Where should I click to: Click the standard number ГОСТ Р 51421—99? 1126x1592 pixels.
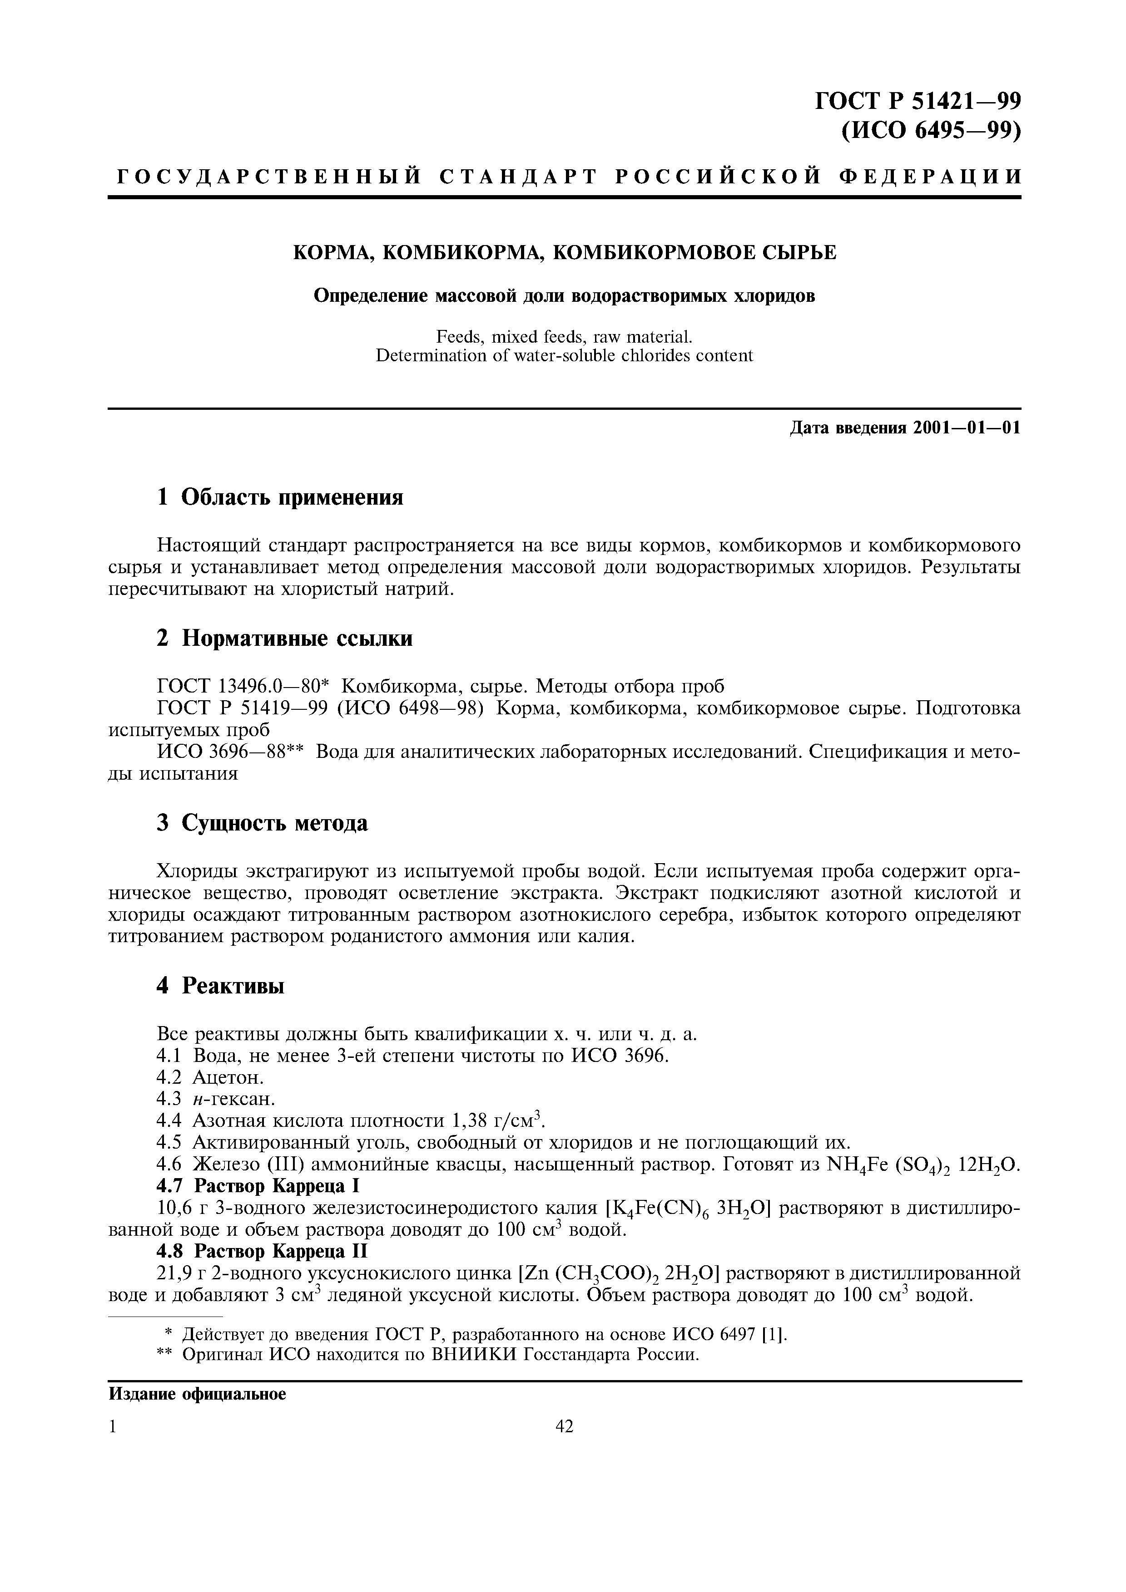[917, 101]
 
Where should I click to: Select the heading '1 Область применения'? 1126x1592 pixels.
[280, 497]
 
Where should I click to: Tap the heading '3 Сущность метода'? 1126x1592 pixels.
[262, 823]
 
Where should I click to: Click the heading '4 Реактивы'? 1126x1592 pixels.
[221, 986]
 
